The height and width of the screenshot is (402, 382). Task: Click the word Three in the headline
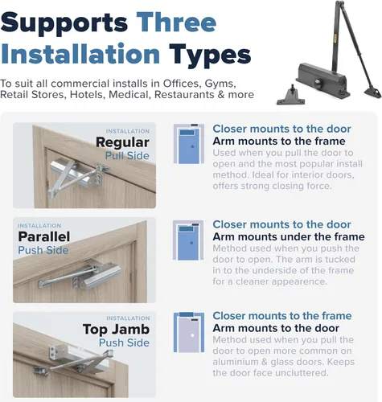pyautogui.click(x=176, y=22)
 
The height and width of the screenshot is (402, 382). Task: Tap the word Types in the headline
pyautogui.click(x=210, y=55)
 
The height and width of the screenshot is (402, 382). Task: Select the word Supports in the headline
pyautogui.click(x=64, y=24)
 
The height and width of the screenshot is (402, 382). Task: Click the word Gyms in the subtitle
pyautogui.click(x=220, y=84)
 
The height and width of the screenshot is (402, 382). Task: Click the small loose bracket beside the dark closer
pyautogui.click(x=291, y=96)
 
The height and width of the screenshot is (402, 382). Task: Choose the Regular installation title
pyautogui.click(x=122, y=142)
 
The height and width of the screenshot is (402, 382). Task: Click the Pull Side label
pyautogui.click(x=127, y=156)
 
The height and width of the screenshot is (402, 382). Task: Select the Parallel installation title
pyautogui.click(x=44, y=236)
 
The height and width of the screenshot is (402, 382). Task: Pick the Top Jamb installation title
pyautogui.click(x=116, y=330)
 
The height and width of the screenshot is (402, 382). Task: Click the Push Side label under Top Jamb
pyautogui.click(x=124, y=343)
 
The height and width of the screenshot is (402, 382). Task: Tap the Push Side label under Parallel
pyautogui.click(x=43, y=250)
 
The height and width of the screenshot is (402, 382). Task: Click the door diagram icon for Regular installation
pyautogui.click(x=189, y=144)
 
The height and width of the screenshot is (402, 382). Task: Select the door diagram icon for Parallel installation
pyautogui.click(x=188, y=240)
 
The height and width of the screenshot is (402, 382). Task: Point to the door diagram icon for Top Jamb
pyautogui.click(x=189, y=332)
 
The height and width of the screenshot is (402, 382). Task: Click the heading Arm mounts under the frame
pyautogui.click(x=289, y=237)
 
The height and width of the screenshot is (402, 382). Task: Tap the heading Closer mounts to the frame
pyautogui.click(x=282, y=316)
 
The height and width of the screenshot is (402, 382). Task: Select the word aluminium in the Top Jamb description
pyautogui.click(x=236, y=362)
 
